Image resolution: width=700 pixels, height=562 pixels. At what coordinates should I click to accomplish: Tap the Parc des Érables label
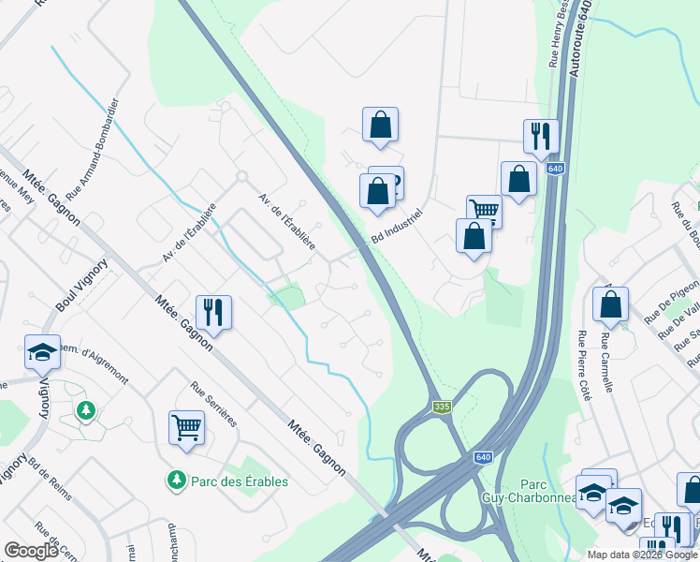click(240, 481)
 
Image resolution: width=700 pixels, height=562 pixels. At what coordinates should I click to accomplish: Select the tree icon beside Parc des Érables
click(176, 480)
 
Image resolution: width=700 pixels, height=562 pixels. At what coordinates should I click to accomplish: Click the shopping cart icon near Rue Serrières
click(187, 428)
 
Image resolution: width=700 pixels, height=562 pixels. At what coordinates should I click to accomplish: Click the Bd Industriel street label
click(398, 226)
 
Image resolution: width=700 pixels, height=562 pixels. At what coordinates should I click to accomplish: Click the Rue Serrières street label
click(213, 404)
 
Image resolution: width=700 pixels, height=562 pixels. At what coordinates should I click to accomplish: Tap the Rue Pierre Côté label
click(585, 366)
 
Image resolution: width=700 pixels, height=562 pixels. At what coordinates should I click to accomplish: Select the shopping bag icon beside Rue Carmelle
click(610, 303)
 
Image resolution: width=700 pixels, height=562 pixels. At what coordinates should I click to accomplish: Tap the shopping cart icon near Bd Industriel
click(485, 210)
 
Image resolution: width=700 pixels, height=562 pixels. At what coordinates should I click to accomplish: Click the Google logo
click(32, 551)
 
